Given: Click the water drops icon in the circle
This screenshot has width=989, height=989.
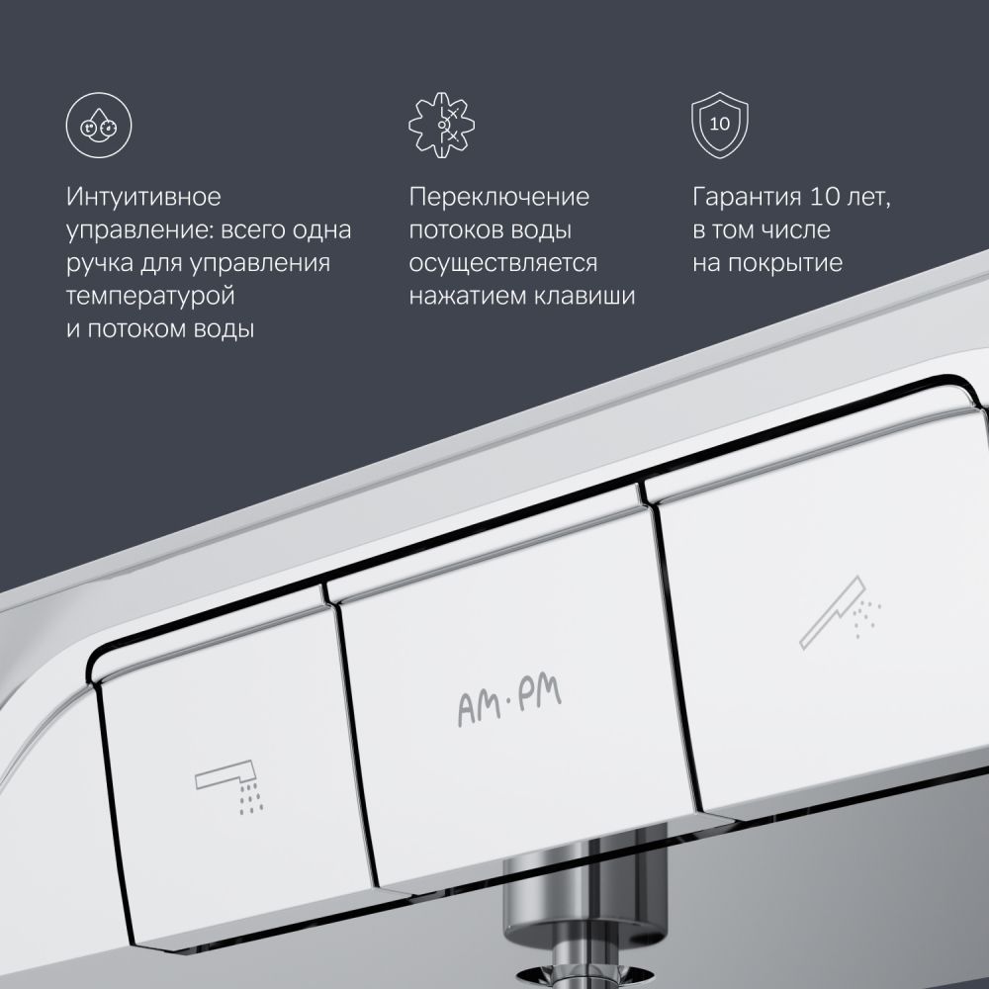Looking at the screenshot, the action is click(x=99, y=125).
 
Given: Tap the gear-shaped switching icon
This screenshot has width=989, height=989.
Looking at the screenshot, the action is click(x=441, y=125).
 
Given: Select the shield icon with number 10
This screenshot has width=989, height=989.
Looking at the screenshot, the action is click(x=720, y=125).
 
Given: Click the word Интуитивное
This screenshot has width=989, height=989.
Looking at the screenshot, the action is click(x=143, y=197).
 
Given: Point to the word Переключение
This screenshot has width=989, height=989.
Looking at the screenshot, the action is click(x=498, y=197).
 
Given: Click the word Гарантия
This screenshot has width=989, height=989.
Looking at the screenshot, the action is click(x=746, y=197).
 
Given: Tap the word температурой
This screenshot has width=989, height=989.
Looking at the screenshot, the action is click(x=150, y=297).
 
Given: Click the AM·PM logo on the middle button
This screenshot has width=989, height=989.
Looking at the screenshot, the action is click(x=509, y=702).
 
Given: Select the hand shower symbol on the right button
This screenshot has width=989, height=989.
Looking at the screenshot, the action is click(x=840, y=612).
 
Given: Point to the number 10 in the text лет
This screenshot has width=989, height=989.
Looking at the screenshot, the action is click(x=824, y=197).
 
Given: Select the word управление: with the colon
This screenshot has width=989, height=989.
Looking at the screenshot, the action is click(x=138, y=230).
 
